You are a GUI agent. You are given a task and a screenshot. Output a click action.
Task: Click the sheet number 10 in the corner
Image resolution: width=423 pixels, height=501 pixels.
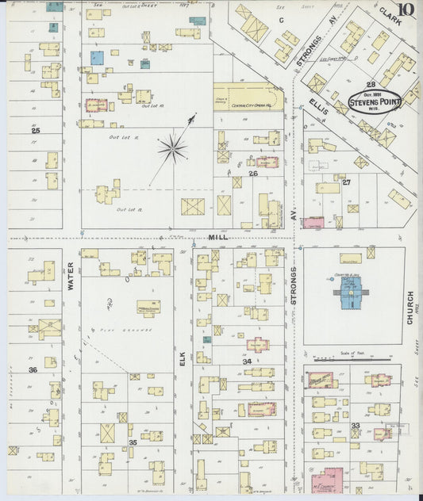pyautogui.click(x=406, y=10)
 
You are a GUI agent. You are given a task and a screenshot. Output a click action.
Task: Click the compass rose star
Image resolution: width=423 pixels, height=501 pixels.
pyautogui.click(x=172, y=147)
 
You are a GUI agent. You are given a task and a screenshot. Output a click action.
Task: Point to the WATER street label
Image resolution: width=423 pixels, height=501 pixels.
pyautogui.click(x=71, y=275)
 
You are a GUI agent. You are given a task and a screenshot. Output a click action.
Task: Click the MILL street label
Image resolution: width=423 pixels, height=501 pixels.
pyautogui.click(x=218, y=237)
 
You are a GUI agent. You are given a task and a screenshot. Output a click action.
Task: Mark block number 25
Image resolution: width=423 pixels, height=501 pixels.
pyautogui.click(x=36, y=129)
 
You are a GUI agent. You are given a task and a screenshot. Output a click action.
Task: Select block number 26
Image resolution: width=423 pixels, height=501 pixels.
pyautogui.click(x=253, y=173)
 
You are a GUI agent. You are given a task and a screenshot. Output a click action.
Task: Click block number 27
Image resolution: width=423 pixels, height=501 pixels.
pyautogui.click(x=346, y=182)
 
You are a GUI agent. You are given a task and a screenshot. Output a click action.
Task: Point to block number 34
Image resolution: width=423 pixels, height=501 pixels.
pyautogui.click(x=247, y=361)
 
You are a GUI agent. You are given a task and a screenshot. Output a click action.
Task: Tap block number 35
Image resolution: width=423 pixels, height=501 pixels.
pyautogui.click(x=133, y=442)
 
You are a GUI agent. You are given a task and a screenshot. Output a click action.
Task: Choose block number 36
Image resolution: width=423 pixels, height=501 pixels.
pyautogui.click(x=33, y=369)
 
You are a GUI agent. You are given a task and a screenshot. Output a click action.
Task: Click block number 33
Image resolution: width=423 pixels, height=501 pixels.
pyautogui.click(x=356, y=426)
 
